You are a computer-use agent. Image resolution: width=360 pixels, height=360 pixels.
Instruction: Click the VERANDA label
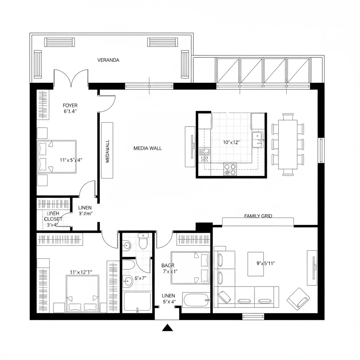[x=108, y=60]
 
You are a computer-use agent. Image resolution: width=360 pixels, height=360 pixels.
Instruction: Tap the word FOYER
[x=70, y=105]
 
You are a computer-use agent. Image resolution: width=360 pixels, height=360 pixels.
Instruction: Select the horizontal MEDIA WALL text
[x=148, y=148]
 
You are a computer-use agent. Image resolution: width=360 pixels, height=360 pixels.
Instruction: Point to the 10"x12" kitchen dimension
[x=231, y=142]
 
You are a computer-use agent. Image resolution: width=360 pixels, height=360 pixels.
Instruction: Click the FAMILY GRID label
[x=258, y=216]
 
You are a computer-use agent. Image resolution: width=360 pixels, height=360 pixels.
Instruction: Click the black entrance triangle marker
[x=168, y=328]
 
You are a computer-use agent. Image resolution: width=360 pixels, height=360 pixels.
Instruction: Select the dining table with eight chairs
[x=288, y=144]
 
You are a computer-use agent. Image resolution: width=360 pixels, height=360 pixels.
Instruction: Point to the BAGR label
[x=168, y=265]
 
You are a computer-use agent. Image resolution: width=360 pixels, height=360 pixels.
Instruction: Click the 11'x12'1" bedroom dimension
[x=81, y=272]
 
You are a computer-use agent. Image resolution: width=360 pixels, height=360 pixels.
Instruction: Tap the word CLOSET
[x=53, y=219]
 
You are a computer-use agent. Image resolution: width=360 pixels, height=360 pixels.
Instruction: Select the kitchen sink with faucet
[x=258, y=138]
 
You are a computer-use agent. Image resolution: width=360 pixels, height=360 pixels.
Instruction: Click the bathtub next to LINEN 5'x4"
[x=196, y=300]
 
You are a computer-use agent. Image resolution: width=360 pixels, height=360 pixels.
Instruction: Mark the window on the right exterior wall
[x=320, y=150]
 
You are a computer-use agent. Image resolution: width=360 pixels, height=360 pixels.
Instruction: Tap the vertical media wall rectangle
[x=107, y=150]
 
